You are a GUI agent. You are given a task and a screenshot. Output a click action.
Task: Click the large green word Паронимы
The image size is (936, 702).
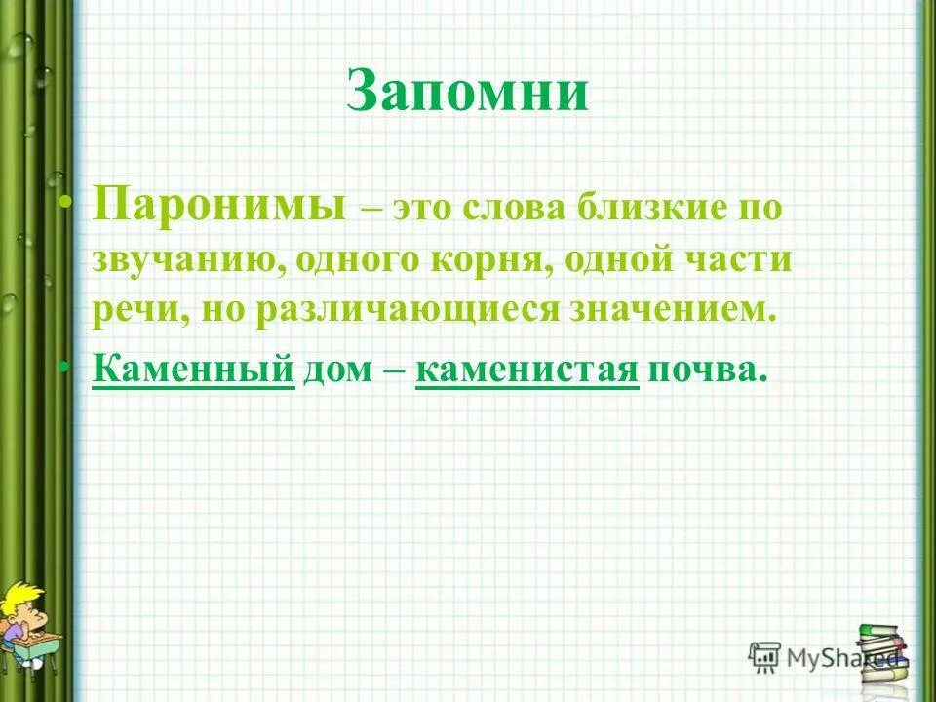pos(219,206)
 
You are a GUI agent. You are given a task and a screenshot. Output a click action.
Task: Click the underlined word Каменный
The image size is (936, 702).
pos(193,370)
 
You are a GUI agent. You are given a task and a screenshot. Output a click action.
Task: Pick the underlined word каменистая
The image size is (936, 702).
pos(526,370)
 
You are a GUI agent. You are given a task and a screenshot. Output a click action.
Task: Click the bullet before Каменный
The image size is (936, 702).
pos(66,367)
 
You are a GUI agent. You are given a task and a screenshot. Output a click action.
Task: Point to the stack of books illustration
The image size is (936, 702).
pos(883,653)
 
